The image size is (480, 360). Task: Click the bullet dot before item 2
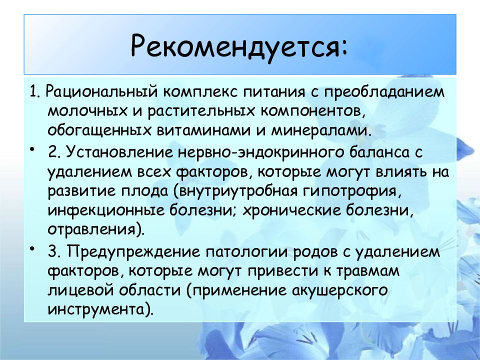point(32,149)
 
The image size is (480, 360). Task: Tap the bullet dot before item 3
point(32,248)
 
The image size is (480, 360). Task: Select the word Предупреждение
point(131,251)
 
